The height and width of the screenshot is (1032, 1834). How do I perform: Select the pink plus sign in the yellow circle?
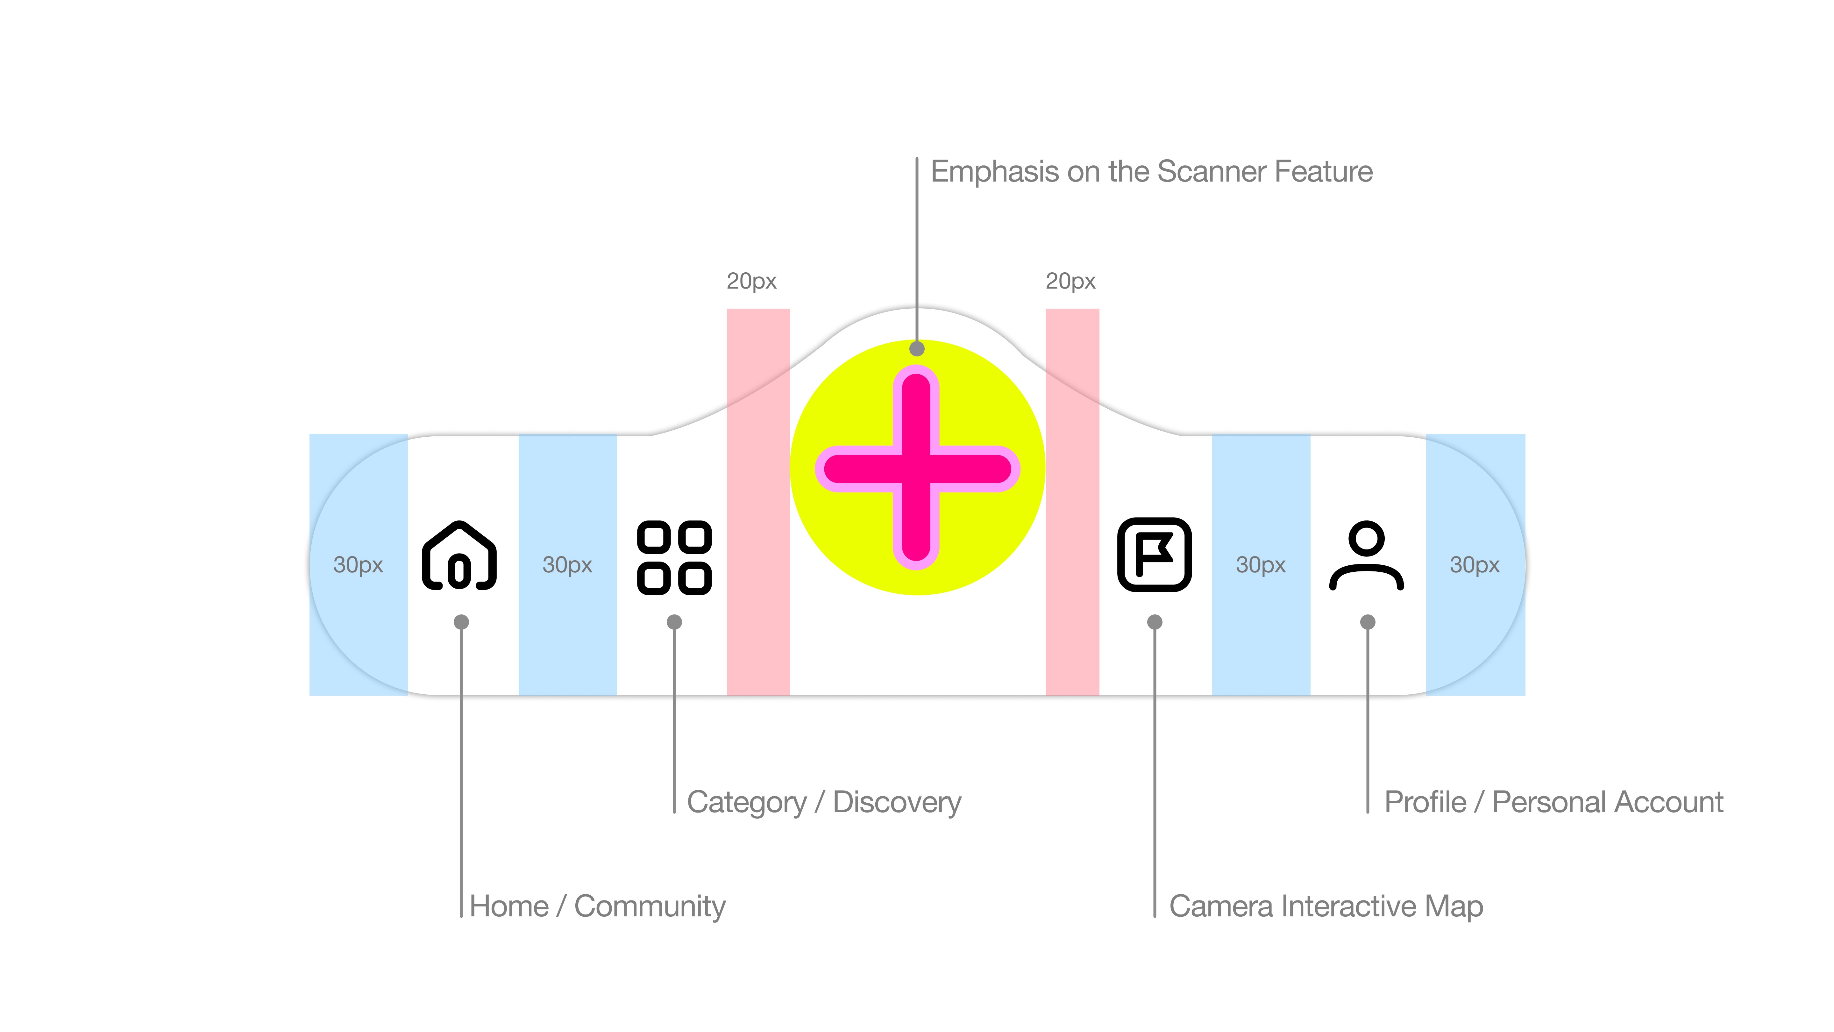917,468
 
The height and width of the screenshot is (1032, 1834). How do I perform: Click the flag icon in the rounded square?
1154,555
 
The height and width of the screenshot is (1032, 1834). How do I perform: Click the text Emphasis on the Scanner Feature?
1151,172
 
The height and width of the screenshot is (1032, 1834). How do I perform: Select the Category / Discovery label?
824,802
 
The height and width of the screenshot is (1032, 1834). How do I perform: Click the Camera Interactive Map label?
1326,906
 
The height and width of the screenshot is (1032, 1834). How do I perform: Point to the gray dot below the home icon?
461,622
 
